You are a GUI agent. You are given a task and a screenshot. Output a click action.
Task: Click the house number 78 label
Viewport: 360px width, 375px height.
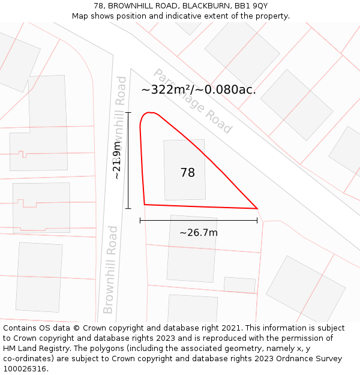tap(187, 173)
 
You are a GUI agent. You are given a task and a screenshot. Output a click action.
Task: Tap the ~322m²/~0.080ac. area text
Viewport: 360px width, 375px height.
tap(199, 90)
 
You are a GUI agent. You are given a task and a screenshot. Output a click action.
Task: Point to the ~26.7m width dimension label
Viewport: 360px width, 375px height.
tap(199, 233)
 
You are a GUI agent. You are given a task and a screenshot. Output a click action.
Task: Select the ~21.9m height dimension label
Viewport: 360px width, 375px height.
tap(117, 160)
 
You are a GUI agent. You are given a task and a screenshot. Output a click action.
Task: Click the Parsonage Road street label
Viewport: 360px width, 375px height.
tap(193, 101)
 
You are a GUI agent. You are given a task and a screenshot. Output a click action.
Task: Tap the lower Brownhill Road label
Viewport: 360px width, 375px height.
tap(110, 269)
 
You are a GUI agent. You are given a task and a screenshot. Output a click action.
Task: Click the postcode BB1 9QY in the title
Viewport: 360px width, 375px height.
tap(251, 6)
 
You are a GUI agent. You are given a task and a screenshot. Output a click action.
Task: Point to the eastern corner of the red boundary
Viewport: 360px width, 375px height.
tap(257, 209)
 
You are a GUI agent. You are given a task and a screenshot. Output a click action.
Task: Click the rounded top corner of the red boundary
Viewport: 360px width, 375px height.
tap(148, 114)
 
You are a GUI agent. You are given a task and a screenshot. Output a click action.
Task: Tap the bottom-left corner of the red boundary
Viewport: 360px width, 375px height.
tap(145, 205)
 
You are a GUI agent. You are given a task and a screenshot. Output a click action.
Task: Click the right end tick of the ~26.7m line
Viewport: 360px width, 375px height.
tap(257, 220)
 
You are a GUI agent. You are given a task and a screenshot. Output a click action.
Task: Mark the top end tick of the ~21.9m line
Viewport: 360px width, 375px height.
tap(128, 112)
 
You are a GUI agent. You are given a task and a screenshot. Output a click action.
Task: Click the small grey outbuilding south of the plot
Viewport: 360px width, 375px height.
tap(239, 284)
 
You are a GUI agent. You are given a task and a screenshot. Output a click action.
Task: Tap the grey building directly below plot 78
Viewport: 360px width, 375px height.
tap(191, 248)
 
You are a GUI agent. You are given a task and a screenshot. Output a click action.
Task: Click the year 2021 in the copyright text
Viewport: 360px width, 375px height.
tap(230, 328)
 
